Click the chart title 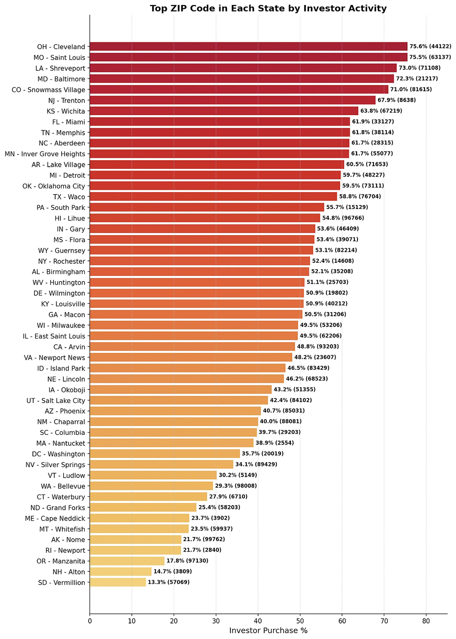[268, 8]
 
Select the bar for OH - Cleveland [249, 46]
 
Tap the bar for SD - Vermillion [118, 582]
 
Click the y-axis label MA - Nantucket [61, 443]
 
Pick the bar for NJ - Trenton [233, 100]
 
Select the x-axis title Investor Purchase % [268, 631]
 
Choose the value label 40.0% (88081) [280, 422]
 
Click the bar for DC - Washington [165, 454]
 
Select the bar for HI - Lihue [205, 218]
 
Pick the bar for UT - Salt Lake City [179, 400]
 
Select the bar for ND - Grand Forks [143, 507]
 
